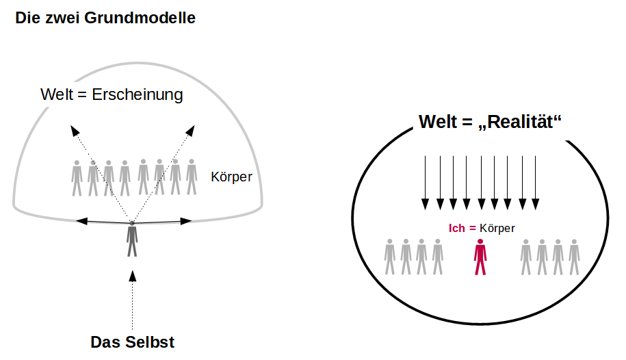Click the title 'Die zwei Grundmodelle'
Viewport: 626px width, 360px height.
105,18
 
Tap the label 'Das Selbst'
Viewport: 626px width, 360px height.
133,342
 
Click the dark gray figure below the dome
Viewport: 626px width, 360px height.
132,240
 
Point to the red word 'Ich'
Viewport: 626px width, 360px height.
457,229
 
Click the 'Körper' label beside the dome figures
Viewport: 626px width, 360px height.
231,177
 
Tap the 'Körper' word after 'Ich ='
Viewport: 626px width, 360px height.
497,229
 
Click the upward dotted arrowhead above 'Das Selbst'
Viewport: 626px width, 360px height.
133,276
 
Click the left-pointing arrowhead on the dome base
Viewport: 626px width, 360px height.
81,220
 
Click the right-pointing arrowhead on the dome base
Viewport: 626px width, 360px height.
186,220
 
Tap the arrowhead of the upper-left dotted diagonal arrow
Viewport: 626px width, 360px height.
73,129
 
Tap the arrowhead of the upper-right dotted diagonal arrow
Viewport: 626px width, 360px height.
193,129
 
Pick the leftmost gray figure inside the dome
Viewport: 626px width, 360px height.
77,177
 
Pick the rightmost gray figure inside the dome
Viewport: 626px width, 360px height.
192,177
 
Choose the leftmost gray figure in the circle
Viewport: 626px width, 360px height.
390,257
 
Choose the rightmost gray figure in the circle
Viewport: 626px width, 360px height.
574,257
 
